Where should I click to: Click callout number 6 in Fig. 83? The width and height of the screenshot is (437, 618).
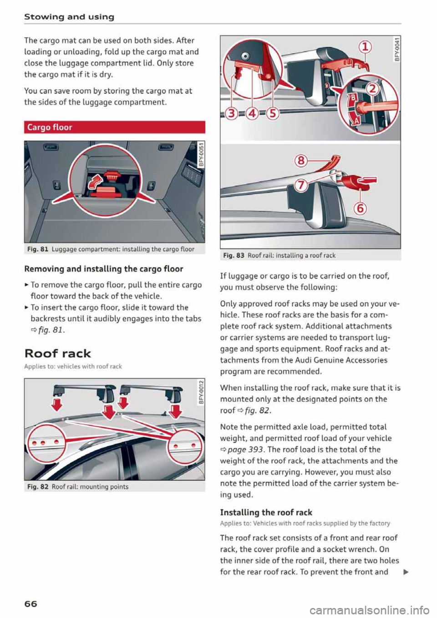point(360,208)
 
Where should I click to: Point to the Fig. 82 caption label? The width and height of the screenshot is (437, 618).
point(38,486)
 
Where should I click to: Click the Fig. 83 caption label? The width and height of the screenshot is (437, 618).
point(234,255)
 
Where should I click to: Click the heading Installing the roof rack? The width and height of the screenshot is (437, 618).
point(266,512)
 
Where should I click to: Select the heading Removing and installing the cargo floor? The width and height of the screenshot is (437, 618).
point(103,269)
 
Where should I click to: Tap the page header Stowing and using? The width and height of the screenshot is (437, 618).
point(69,17)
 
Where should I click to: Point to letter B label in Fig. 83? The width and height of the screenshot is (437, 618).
point(352,98)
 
